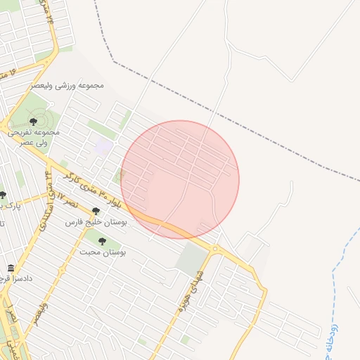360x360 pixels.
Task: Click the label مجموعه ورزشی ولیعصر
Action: (67, 85)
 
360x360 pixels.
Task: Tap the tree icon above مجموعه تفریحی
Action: (33, 122)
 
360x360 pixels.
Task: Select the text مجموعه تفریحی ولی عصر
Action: (33, 136)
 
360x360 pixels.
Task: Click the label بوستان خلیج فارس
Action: (95, 221)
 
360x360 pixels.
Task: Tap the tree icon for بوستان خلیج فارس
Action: (96, 211)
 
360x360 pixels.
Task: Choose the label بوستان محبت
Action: (103, 251)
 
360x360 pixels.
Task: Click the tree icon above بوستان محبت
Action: (103, 241)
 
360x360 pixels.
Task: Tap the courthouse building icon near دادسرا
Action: (11, 269)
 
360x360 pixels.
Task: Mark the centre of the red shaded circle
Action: (180, 179)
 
